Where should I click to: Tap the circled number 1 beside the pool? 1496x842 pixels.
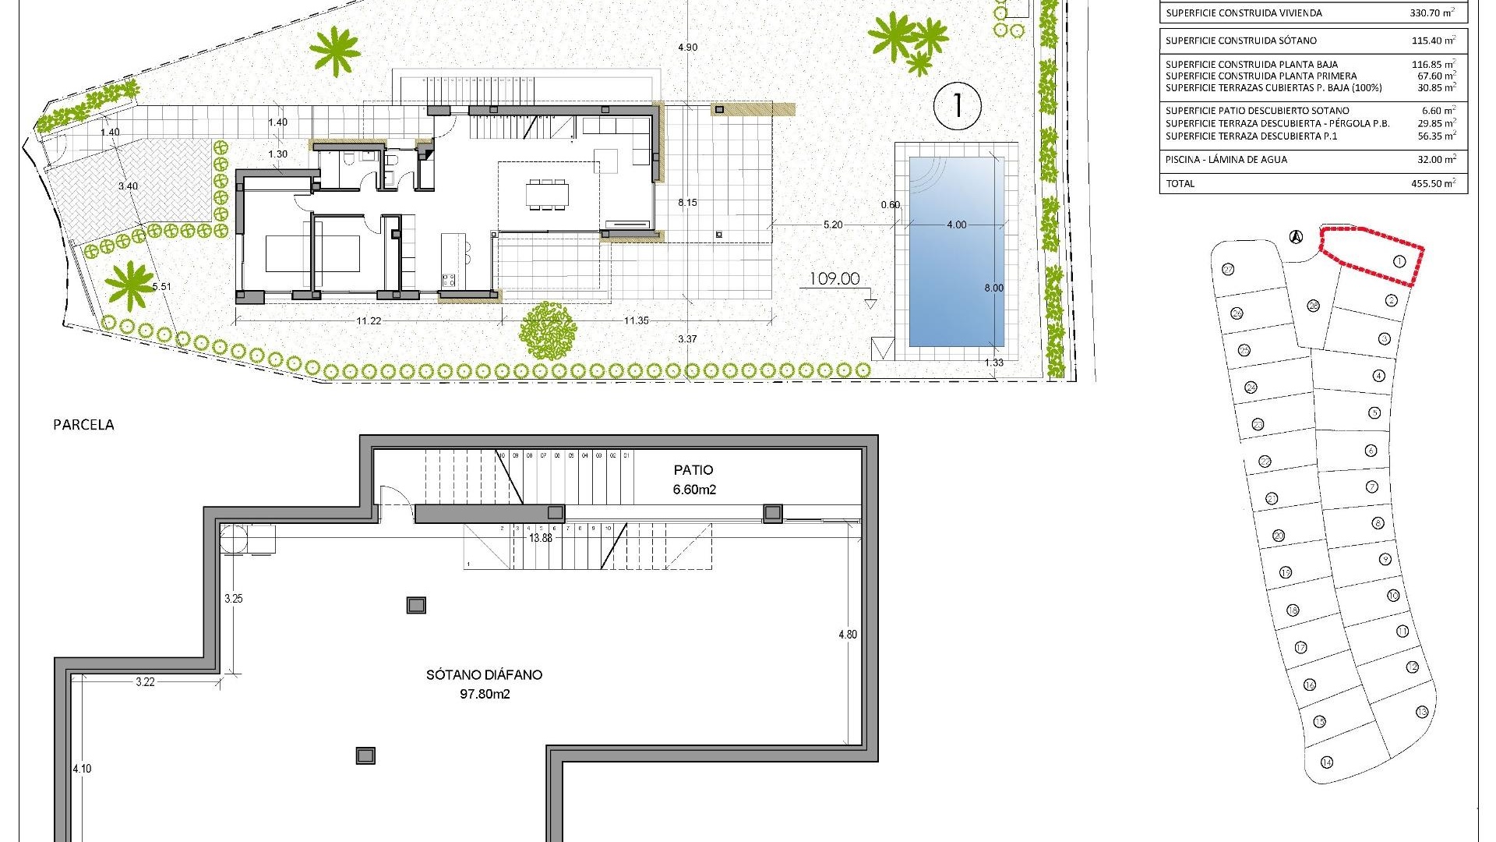pos(957,105)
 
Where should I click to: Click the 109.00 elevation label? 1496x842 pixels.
pos(834,279)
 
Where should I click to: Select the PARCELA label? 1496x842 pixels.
pos(83,425)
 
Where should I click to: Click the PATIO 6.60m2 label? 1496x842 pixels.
pos(693,479)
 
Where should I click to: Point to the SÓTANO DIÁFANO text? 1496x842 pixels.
pos(484,675)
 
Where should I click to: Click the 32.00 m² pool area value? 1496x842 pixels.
pos(1437,160)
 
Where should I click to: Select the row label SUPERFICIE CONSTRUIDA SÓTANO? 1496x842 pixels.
pos(1241,41)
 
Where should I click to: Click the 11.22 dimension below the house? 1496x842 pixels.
pos(369,320)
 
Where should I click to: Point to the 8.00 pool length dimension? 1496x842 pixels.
pos(993,288)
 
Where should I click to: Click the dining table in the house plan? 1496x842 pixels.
pos(546,194)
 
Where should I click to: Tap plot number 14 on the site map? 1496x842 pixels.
pos(1326,762)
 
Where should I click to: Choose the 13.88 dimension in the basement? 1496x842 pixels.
pos(540,538)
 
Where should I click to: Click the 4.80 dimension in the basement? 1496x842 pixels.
pos(847,635)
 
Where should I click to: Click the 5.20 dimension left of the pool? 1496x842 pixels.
pos(832,225)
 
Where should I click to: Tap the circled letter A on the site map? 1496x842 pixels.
pos(1296,236)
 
